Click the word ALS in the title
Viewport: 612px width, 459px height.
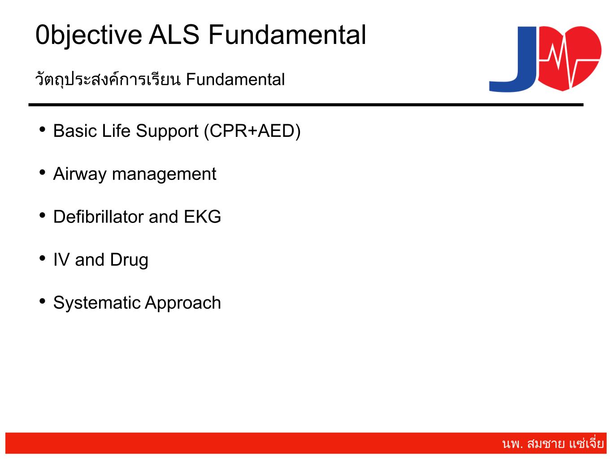click(174, 35)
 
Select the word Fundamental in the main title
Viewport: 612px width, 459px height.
click(287, 35)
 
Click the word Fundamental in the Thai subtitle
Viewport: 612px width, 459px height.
click(235, 79)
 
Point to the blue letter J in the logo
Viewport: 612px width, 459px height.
click(513, 59)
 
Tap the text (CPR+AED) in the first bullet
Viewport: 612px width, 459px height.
click(252, 131)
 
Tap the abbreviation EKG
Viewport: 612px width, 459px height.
click(202, 217)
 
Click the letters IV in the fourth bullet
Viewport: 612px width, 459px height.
click(61, 259)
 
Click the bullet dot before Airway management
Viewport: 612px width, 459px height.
click(43, 172)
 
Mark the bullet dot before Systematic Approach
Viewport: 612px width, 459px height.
click(43, 301)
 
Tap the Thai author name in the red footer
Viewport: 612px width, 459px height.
click(553, 443)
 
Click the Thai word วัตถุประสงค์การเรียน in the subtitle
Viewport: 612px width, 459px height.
click(108, 79)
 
